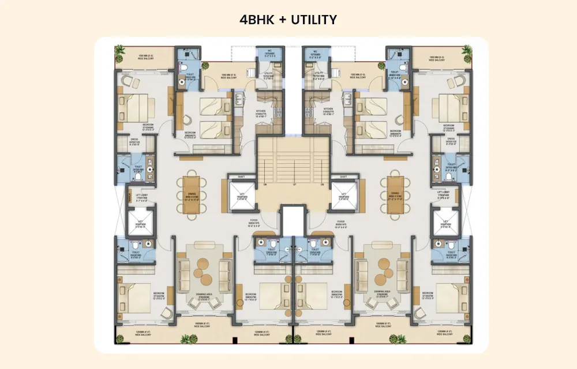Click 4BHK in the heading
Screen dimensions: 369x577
click(256, 20)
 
